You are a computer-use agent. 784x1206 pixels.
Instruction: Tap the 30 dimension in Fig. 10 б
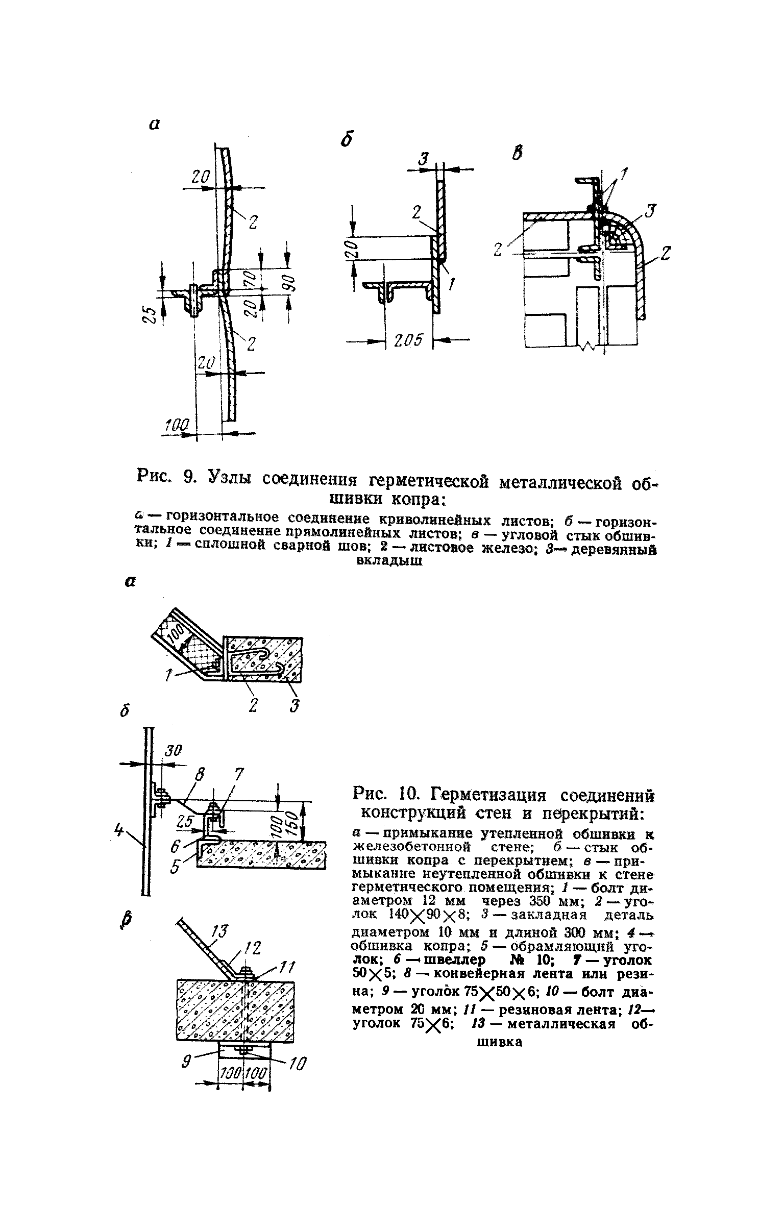pos(173,750)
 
